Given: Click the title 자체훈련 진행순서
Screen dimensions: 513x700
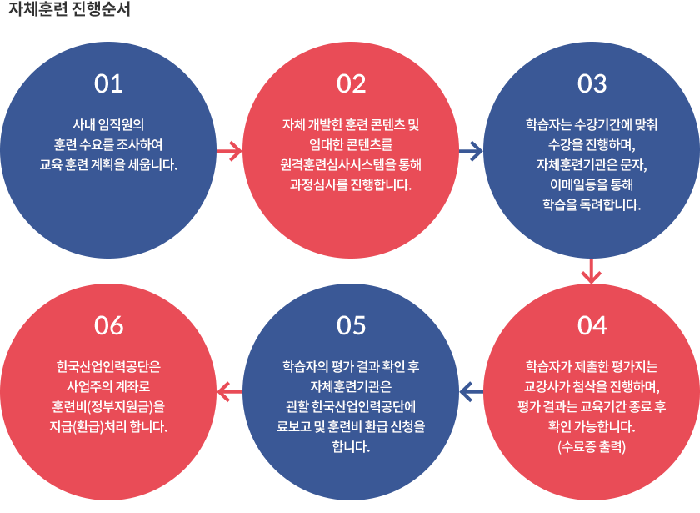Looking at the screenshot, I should tap(69, 12).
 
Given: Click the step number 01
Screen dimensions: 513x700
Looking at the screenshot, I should tap(109, 83).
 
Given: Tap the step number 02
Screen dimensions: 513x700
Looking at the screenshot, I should tap(351, 83).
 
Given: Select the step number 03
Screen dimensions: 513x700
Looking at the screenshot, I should tap(592, 83).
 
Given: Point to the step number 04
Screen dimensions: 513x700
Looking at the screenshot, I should tap(592, 325).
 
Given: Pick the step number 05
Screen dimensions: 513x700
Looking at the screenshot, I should tap(351, 325).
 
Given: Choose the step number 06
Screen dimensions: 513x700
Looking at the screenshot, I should tap(109, 325).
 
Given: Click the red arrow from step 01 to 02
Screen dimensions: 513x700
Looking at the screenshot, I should tap(229, 152).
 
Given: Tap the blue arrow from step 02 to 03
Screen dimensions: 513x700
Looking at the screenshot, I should tap(471, 152).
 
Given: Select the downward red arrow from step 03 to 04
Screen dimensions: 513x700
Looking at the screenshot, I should tap(592, 272).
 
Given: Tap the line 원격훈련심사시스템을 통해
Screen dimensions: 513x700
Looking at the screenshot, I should tap(351, 163).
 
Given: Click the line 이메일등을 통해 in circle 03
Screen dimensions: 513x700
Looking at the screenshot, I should tap(592, 184).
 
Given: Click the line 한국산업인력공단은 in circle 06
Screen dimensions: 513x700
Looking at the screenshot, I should tap(109, 367).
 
